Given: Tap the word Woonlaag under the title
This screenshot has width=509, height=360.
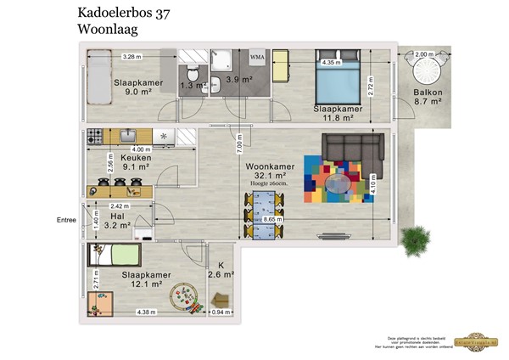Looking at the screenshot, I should tap(108, 29).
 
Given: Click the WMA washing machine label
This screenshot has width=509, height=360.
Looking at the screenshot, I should tap(257, 57).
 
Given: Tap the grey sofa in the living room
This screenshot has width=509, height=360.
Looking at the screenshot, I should tap(350, 149).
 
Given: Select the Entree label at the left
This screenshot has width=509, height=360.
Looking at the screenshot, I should tap(65, 222).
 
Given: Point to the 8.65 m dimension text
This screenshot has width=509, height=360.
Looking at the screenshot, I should tap(273, 220).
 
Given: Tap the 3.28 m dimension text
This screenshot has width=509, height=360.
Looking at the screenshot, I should tap(131, 57).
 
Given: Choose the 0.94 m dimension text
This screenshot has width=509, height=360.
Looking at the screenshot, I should tap(219, 312).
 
